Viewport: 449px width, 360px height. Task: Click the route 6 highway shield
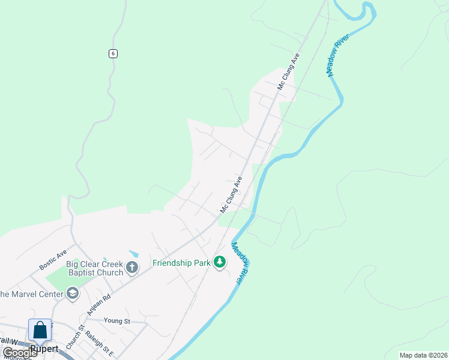pos(113,53)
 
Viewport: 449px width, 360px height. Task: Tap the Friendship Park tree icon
pos(220,262)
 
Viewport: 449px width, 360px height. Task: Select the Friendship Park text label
pos(181,263)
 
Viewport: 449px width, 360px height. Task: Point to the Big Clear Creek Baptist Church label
pos(95,268)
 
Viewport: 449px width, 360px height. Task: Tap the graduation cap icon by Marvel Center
pos(73,293)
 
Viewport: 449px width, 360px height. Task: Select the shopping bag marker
pos(40,331)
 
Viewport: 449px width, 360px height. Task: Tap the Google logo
pos(20,352)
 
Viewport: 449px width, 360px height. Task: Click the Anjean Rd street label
pos(99,304)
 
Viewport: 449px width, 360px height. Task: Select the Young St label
pos(116,321)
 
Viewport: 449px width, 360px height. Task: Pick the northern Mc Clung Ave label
pos(288,71)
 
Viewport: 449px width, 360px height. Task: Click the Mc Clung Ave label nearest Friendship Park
pos(231,194)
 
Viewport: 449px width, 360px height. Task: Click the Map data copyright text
pos(423,355)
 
